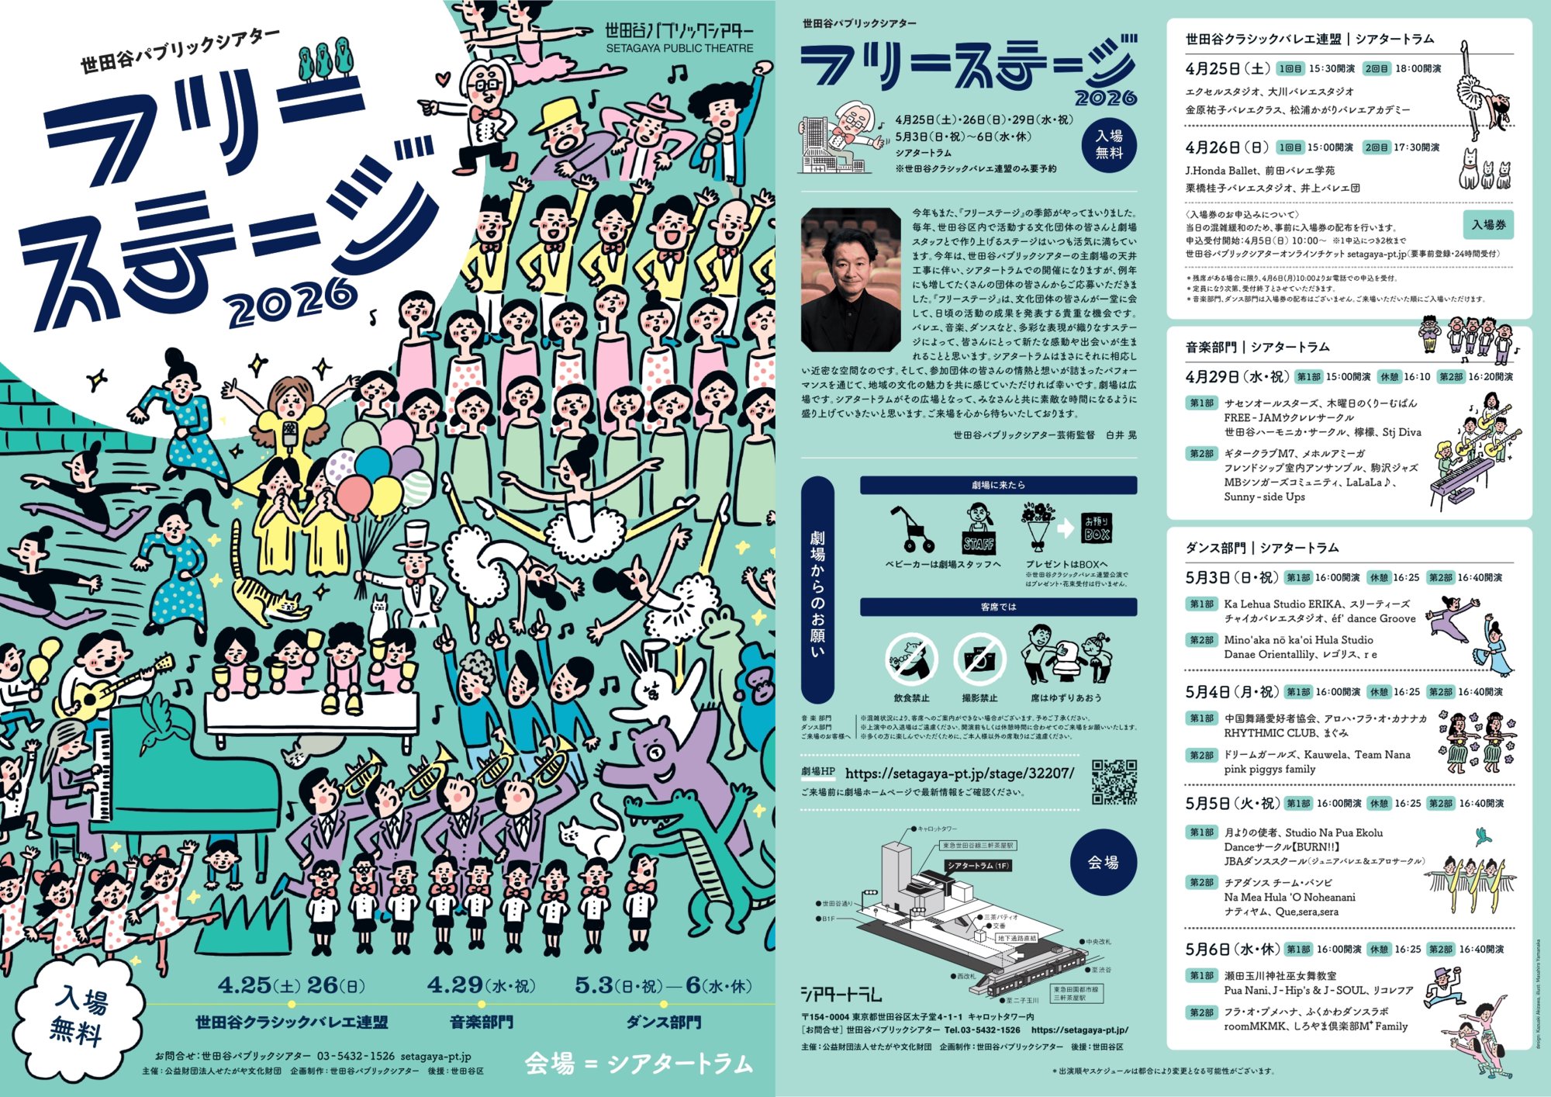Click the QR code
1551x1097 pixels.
(x=1114, y=781)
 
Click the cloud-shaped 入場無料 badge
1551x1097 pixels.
(x=78, y=1016)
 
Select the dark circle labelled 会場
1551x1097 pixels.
(x=1103, y=862)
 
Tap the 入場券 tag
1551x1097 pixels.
(x=1488, y=225)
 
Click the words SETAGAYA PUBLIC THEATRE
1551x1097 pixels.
(x=679, y=48)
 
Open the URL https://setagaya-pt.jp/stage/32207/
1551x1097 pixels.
(x=959, y=773)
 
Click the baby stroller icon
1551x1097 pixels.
(x=910, y=530)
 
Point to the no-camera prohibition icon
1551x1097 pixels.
(x=979, y=659)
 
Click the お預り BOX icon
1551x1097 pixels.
(x=1097, y=529)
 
